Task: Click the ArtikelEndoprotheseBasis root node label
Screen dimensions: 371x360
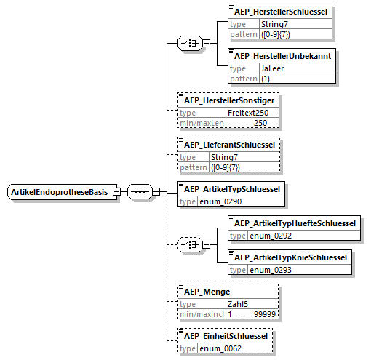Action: (60, 192)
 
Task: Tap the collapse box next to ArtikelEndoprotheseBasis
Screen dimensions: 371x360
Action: (117, 191)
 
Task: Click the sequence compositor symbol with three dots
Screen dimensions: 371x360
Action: (140, 191)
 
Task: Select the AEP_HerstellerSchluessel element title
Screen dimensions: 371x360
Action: (281, 12)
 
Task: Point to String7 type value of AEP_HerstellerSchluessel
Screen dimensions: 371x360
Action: (274, 24)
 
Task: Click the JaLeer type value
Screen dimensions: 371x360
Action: (272, 68)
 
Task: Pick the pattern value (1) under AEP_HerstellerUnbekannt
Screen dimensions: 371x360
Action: (266, 79)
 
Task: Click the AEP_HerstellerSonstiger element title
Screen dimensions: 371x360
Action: (229, 100)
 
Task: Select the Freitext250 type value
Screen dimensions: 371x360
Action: (248, 113)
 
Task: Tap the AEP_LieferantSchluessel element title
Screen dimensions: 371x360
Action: (229, 145)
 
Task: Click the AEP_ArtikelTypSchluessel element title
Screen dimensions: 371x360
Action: (232, 189)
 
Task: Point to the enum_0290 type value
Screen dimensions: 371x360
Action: (220, 201)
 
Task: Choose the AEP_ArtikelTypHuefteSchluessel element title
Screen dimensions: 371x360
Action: (295, 223)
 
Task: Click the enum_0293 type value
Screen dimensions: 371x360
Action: (271, 270)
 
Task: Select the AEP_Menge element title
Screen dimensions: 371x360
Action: (207, 292)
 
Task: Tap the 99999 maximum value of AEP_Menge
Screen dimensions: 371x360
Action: (265, 314)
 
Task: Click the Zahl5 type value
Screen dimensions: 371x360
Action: (238, 304)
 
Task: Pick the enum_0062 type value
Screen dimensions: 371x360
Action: (220, 348)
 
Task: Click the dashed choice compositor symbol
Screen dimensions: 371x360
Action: (190, 244)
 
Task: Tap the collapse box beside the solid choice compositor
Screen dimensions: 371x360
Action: (206, 43)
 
